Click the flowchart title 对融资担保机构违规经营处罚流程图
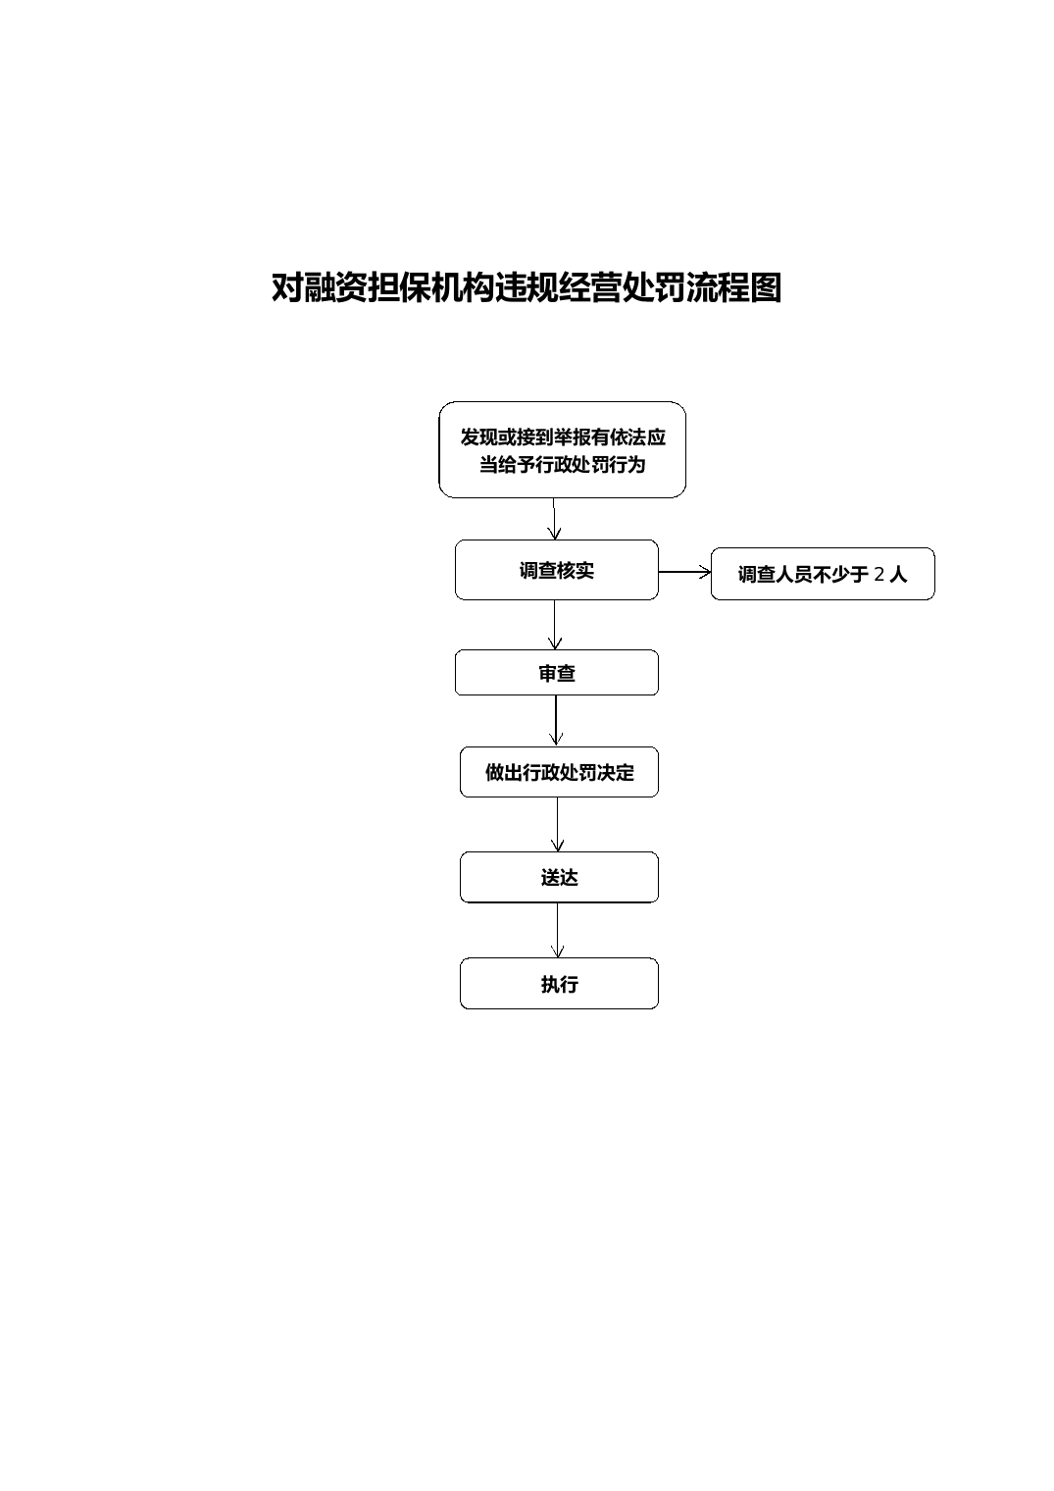[527, 287]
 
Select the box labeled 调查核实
[556, 570]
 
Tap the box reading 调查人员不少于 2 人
[823, 574]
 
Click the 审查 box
[556, 672]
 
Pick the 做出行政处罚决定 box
[559, 772]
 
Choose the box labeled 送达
[559, 877]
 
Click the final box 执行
[559, 983]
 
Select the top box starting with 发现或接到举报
[562, 449]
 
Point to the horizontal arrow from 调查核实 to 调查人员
[684, 572]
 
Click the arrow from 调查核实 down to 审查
[555, 624]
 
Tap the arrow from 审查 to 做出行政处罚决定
[556, 721]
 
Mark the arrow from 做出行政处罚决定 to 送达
[558, 824]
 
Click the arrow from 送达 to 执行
[558, 930]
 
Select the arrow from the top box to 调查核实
[554, 519]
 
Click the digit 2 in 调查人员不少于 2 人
[879, 574]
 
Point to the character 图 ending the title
[767, 287]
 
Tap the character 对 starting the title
[287, 287]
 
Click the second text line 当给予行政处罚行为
[562, 464]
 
